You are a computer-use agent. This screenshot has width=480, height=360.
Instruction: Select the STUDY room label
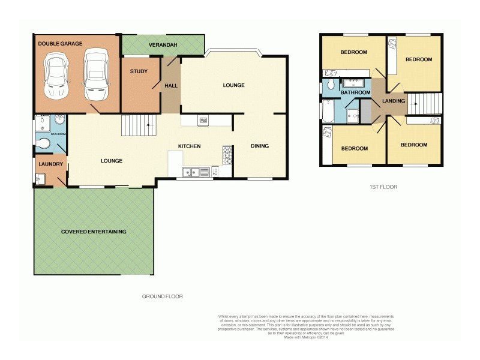pos(139,72)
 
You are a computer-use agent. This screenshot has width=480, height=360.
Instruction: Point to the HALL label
pos(170,86)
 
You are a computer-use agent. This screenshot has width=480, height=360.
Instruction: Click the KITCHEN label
pos(189,146)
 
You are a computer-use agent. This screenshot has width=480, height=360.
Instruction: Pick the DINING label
pos(260,146)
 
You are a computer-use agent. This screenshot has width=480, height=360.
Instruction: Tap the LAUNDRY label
pos(47,164)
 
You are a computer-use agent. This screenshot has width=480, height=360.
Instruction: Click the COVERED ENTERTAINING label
pos(94,231)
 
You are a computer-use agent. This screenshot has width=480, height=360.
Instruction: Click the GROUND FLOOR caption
pos(162,296)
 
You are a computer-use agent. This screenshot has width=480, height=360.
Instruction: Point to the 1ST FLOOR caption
pos(383,187)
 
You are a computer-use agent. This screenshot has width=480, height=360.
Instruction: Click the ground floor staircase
pos(138,127)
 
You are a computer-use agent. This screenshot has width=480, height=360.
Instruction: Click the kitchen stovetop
pos(227,155)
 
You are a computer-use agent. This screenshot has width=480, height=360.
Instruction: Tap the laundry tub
pos(39,179)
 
